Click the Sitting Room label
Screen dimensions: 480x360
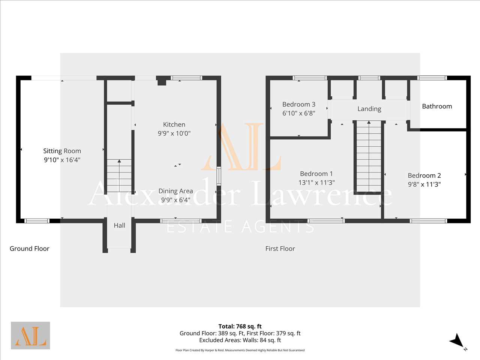pyautogui.click(x=62, y=151)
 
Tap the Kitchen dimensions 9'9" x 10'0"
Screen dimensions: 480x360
pyautogui.click(x=174, y=133)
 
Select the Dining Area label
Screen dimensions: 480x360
pyautogui.click(x=175, y=191)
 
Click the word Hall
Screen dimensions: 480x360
pyautogui.click(x=119, y=225)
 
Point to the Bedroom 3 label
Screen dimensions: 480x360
pyautogui.click(x=299, y=105)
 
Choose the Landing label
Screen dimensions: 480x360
pyautogui.click(x=369, y=109)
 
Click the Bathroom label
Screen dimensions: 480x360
pyautogui.click(x=437, y=106)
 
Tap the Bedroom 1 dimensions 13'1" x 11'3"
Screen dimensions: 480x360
pyautogui.click(x=316, y=183)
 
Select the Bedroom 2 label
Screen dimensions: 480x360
pyautogui.click(x=424, y=175)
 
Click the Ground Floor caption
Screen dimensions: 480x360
pyautogui.click(x=30, y=249)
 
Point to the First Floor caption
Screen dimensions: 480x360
pyautogui.click(x=280, y=249)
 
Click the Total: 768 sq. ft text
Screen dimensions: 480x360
pyautogui.click(x=240, y=326)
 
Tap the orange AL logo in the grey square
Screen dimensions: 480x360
pyautogui.click(x=30, y=335)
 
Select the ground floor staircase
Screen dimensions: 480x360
pyautogui.click(x=119, y=176)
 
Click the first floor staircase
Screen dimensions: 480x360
pyautogui.click(x=369, y=156)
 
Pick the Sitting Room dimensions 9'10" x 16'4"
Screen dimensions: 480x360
pyautogui.click(x=62, y=160)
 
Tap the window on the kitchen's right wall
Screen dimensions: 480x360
pyautogui.click(x=219, y=176)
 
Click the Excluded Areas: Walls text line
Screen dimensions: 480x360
pyautogui.click(x=240, y=340)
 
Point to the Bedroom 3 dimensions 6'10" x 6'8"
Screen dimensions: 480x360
pyautogui.click(x=299, y=113)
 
